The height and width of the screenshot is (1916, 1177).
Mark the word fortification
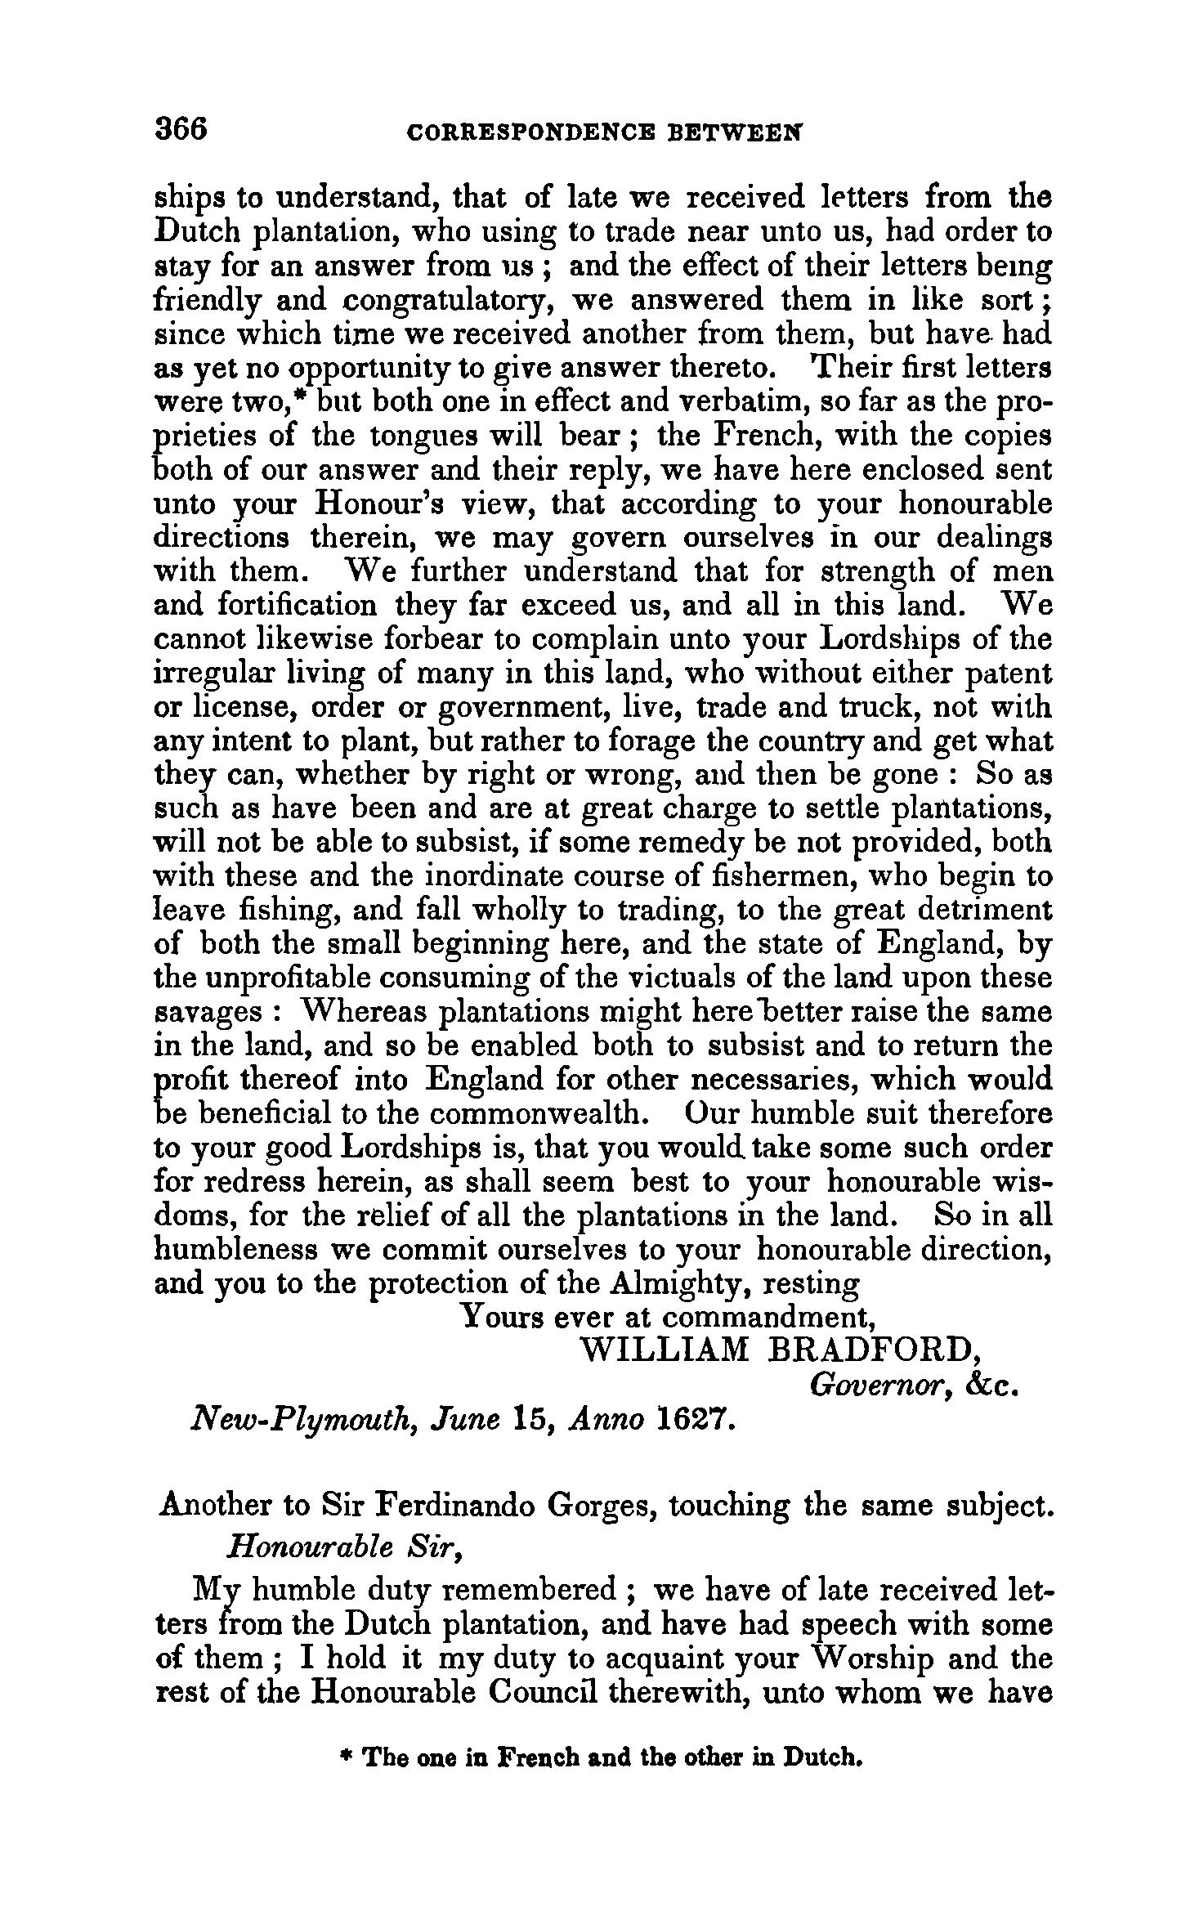point(298,606)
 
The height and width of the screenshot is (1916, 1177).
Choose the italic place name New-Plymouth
point(299,1421)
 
